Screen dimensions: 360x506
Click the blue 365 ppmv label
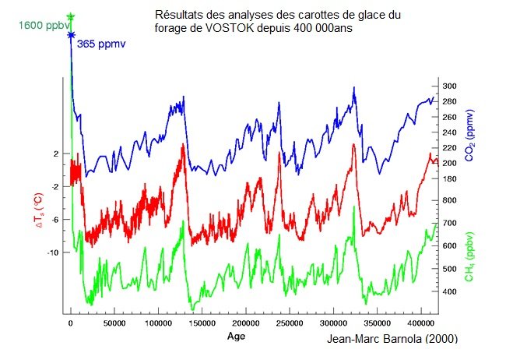100,44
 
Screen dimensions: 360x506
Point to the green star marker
71,16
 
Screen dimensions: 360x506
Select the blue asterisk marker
71,34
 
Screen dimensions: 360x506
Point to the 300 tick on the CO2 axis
449,86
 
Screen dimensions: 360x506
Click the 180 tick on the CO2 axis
449,178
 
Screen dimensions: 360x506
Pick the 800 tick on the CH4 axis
449,200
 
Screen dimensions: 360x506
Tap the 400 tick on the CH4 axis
449,291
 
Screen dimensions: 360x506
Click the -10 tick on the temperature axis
53,252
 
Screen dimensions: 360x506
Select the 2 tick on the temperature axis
56,154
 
